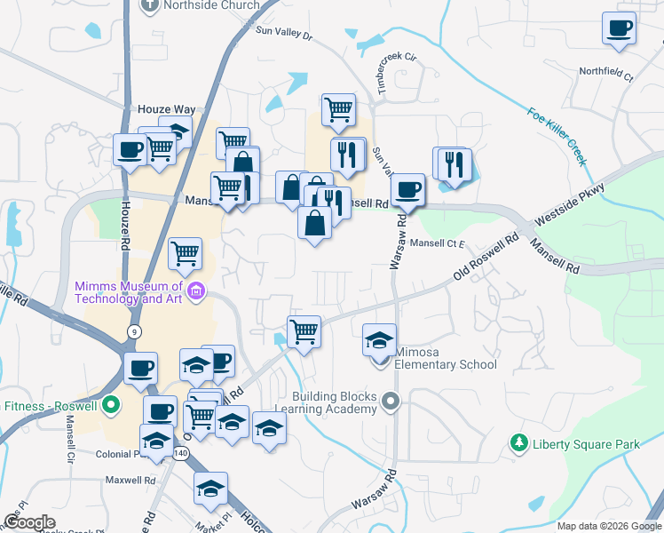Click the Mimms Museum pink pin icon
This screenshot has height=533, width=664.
[x=196, y=290]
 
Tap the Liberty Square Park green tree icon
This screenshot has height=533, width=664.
[x=519, y=442]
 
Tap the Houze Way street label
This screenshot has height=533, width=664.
[x=166, y=109]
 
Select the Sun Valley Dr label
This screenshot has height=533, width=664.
[x=284, y=33]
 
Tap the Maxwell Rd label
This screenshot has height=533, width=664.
[x=130, y=481]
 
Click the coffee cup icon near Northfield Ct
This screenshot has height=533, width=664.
[x=619, y=28]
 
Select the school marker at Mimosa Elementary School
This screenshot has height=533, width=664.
[x=379, y=340]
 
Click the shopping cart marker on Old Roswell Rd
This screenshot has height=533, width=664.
[x=304, y=332]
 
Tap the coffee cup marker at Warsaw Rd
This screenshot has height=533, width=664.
[x=408, y=189]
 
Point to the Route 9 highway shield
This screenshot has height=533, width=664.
[x=134, y=331]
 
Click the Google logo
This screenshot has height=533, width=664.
[x=29, y=522]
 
